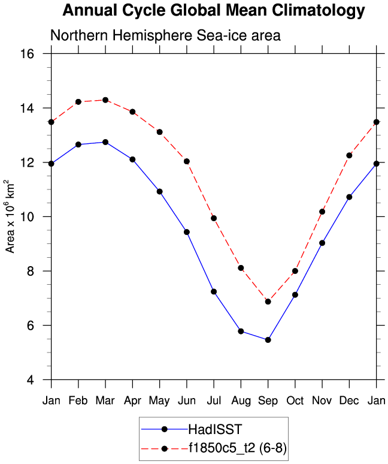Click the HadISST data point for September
point(268,340)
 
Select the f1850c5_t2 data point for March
point(105,100)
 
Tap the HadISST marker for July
point(214,291)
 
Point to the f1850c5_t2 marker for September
point(268,302)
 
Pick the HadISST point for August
point(241,331)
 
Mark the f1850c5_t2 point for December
point(349,155)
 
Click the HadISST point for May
point(160,191)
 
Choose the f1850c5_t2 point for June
point(187,161)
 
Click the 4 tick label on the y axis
point(38,380)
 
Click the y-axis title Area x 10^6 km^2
point(10,216)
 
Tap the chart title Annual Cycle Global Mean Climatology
point(214,10)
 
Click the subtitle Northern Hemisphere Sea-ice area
point(166,36)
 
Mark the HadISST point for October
point(295,294)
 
